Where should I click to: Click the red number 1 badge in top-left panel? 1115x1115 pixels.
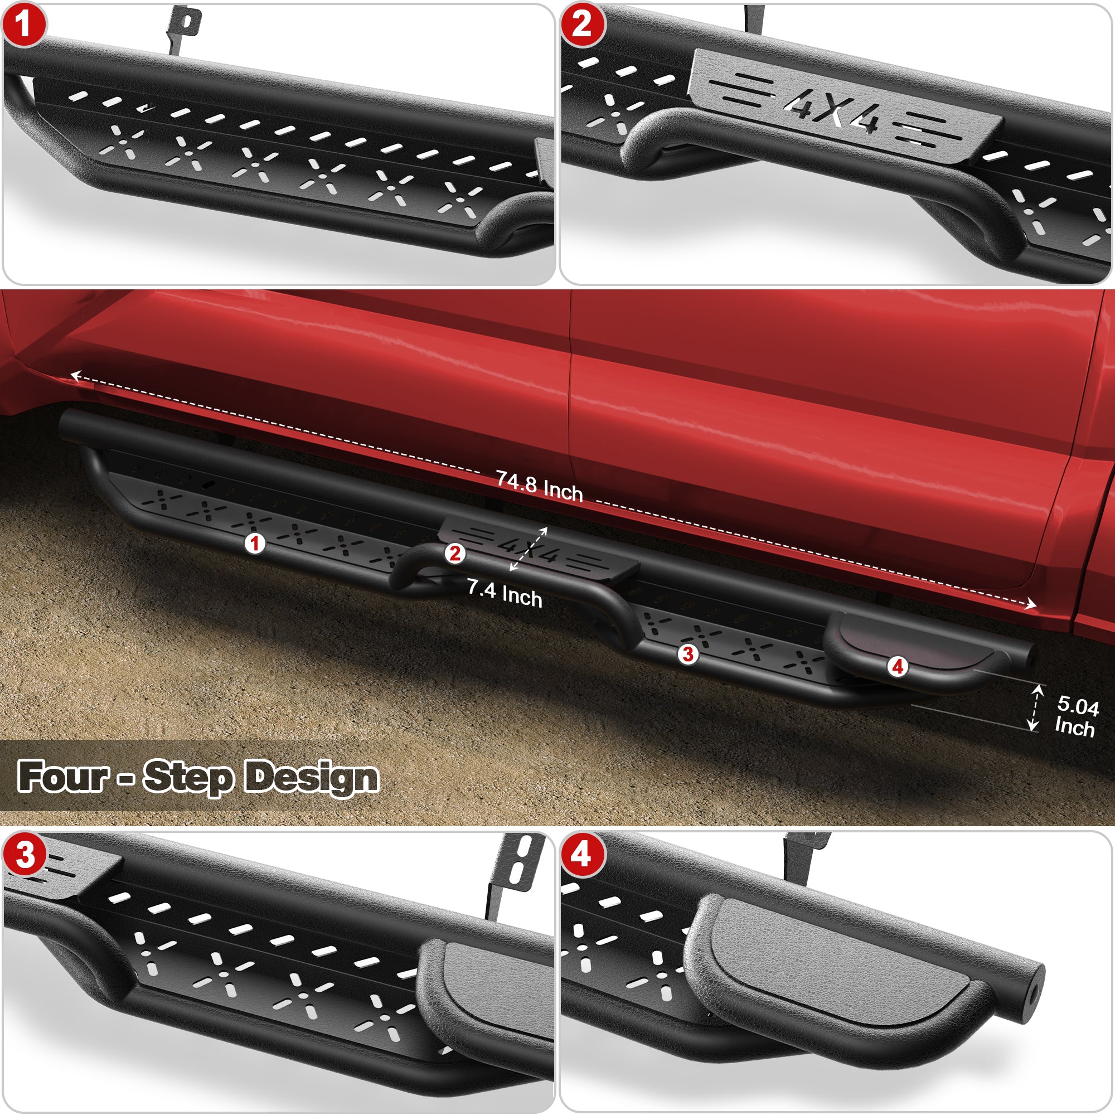[x=23, y=25]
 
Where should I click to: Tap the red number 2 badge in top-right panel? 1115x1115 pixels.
[x=581, y=25]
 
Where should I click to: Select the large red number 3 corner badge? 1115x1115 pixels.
[x=25, y=855]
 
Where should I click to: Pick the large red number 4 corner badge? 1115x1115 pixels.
[x=581, y=854]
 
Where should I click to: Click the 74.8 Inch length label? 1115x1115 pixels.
[x=539, y=486]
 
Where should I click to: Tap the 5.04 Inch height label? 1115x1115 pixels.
[x=1076, y=716]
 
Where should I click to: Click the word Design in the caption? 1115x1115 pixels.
[x=312, y=777]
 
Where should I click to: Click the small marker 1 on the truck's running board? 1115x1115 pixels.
[x=255, y=543]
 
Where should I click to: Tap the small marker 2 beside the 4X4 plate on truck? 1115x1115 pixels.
[x=455, y=554]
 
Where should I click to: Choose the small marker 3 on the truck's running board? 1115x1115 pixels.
[x=687, y=655]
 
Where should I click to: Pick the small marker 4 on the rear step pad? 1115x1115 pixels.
[x=898, y=667]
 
